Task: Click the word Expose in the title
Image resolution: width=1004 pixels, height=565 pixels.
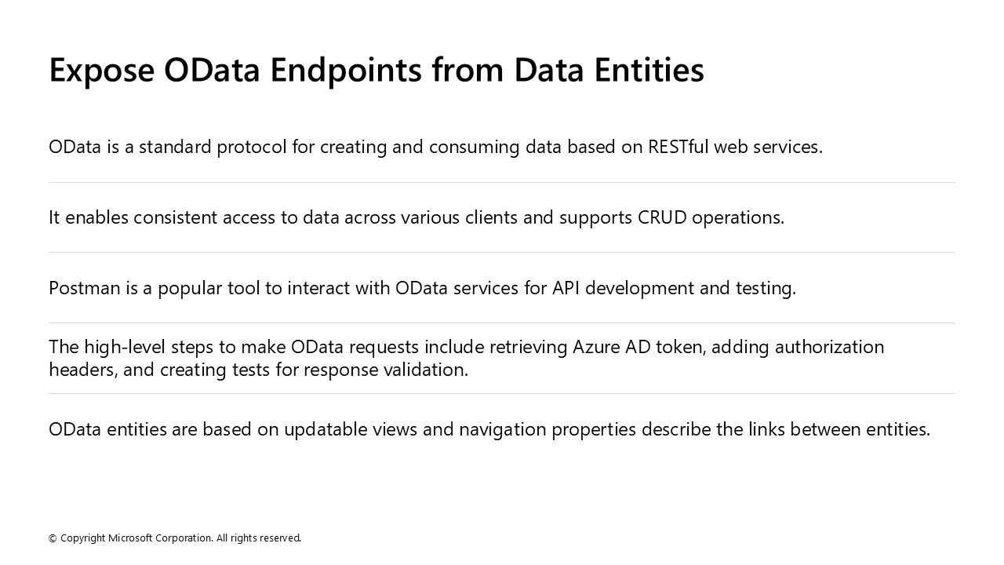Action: pyautogui.click(x=102, y=71)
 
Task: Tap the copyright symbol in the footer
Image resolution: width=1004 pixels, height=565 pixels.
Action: pyautogui.click(x=53, y=538)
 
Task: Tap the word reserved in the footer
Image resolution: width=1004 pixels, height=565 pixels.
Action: pyautogui.click(x=280, y=538)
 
